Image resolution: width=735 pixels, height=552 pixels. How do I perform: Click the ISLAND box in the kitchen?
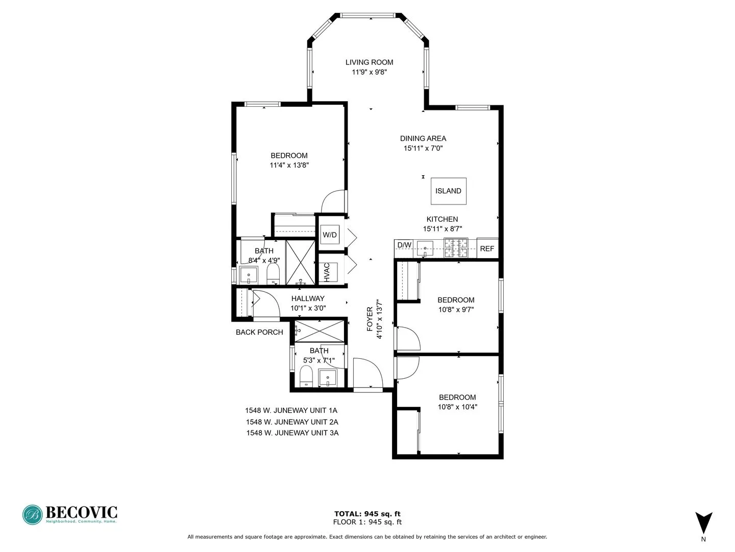(448, 191)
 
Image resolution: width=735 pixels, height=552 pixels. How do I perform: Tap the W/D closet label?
(330, 235)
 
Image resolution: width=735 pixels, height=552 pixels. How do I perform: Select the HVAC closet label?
(327, 272)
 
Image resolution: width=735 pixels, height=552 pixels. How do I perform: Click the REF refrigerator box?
(487, 248)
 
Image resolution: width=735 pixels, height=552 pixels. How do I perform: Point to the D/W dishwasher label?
(404, 245)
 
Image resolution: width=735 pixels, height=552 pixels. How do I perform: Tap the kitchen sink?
(425, 248)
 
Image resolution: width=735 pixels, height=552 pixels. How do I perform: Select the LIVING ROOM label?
(369, 62)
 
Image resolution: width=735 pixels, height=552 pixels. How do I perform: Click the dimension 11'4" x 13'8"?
(289, 165)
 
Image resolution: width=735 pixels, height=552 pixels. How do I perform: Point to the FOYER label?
(370, 319)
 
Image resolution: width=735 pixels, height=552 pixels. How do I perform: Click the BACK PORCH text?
(259, 332)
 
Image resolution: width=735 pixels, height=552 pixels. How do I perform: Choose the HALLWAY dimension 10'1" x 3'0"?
(308, 308)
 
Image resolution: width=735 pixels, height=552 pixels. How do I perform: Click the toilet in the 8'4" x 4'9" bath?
(274, 273)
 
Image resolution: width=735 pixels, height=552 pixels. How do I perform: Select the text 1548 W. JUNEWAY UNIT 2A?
(292, 422)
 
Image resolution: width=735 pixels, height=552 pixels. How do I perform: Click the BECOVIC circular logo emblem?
(33, 515)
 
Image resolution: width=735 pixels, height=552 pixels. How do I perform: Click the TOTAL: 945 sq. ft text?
(367, 514)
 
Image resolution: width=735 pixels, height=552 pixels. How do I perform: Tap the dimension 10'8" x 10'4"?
(457, 407)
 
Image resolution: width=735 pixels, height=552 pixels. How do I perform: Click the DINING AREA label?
(423, 139)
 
